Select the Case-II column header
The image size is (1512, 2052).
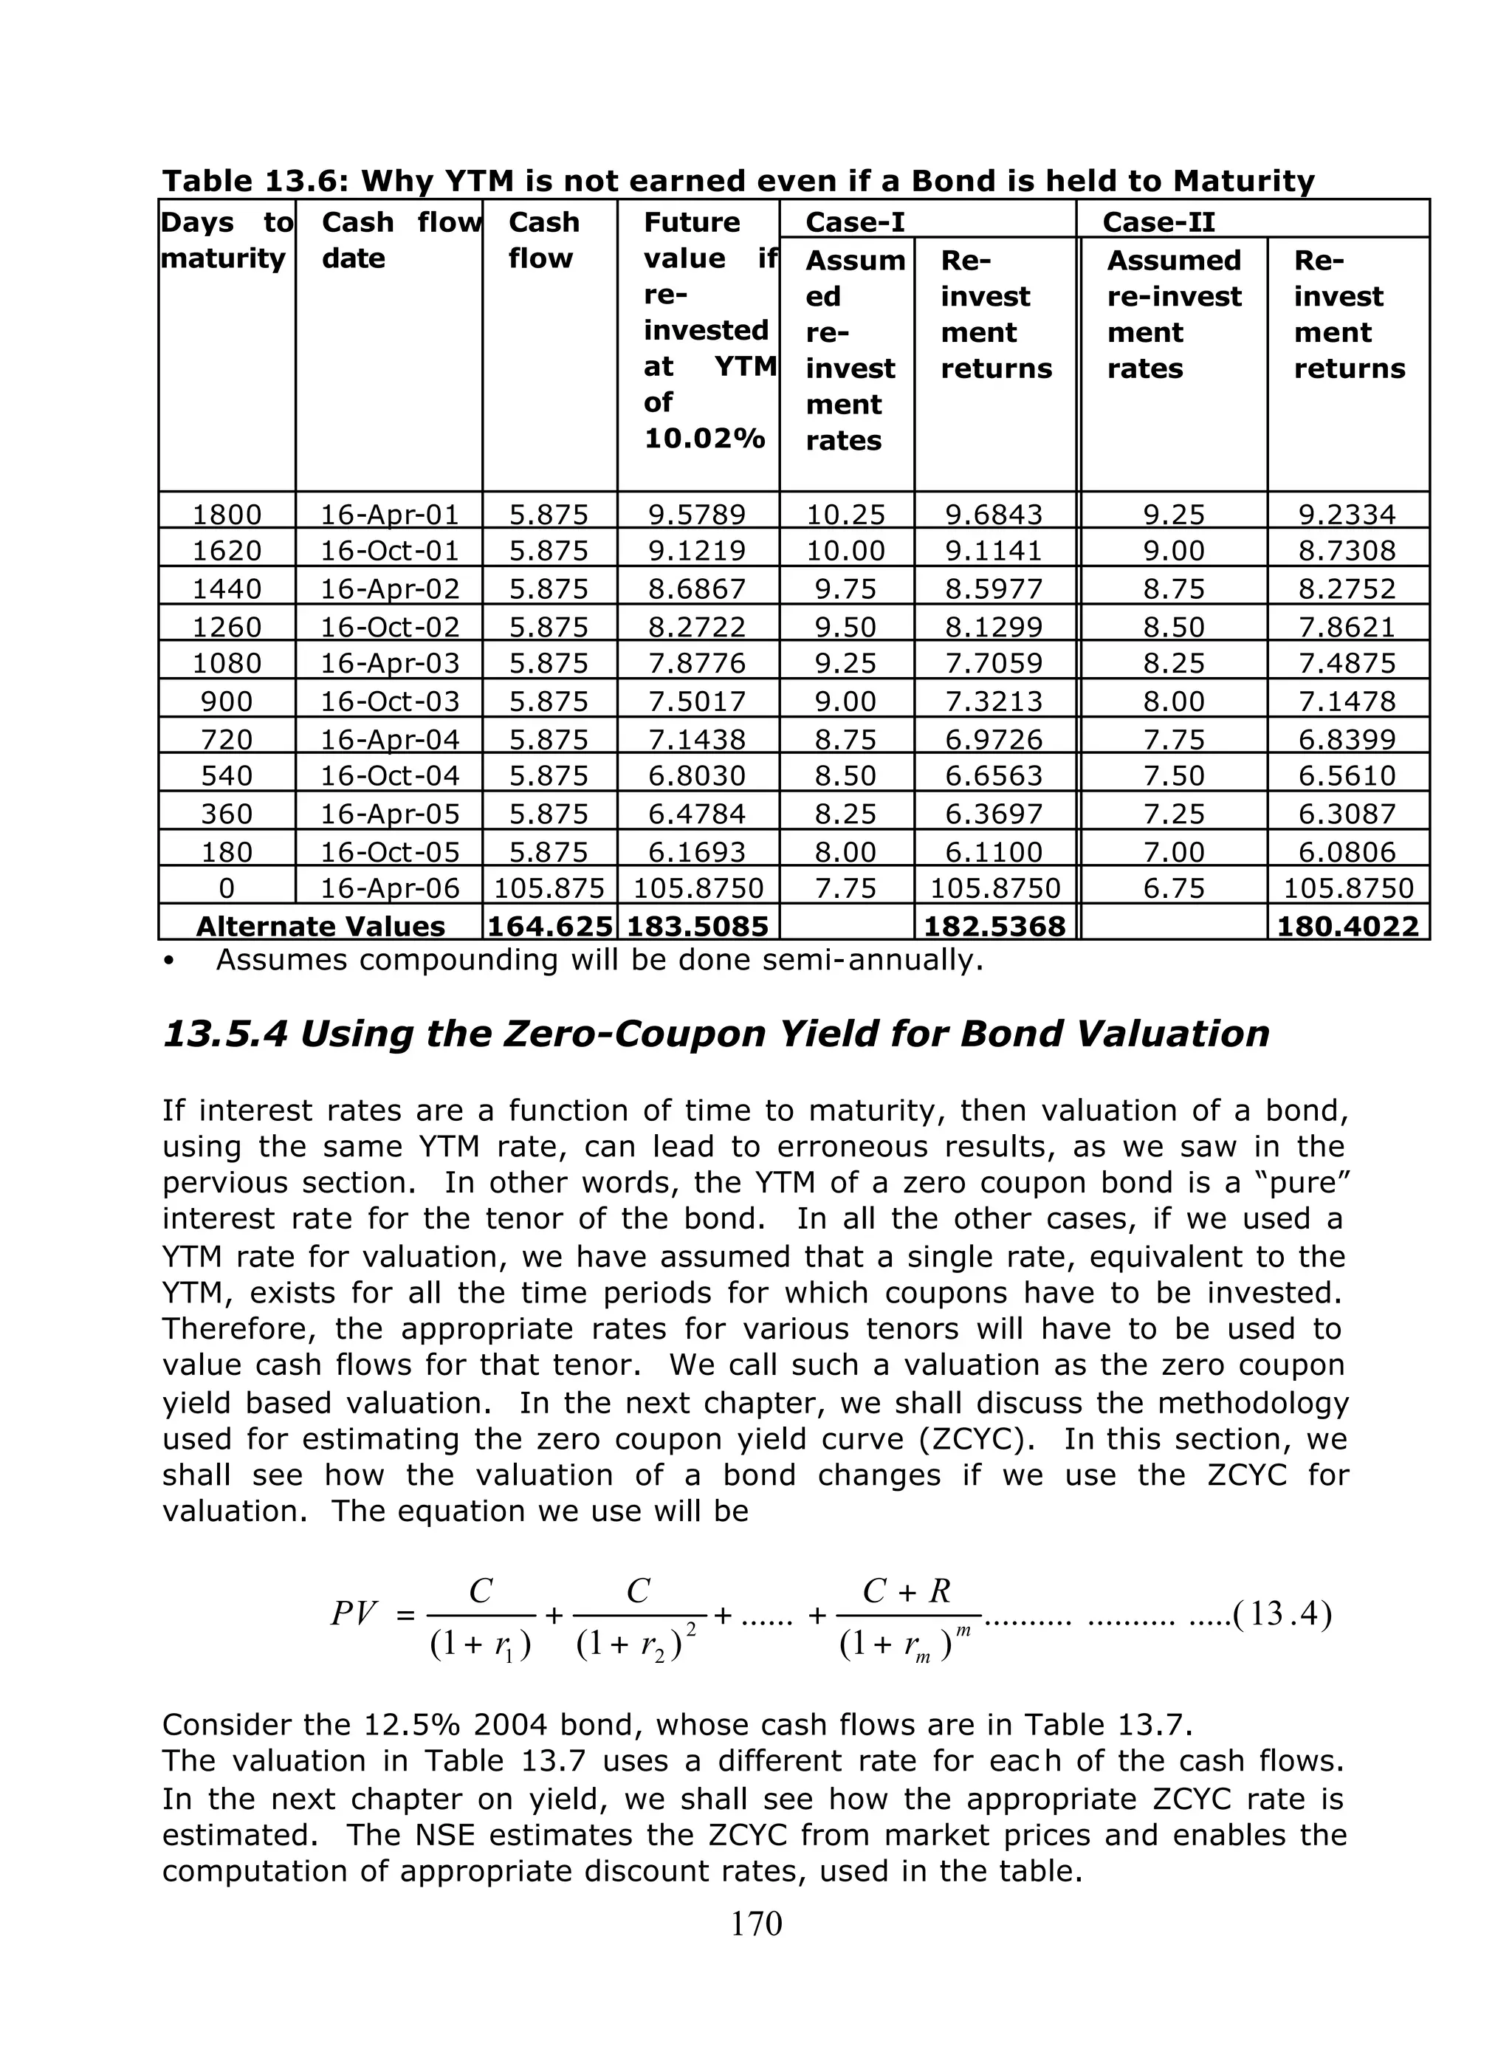[x=1158, y=222]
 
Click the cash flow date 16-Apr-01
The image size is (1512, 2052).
[x=389, y=515]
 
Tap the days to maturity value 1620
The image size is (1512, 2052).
[x=226, y=551]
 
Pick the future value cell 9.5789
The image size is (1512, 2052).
[x=698, y=515]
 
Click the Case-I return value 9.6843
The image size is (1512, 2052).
[x=994, y=515]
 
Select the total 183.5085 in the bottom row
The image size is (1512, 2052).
[x=698, y=926]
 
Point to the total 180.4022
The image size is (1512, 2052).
[x=1347, y=926]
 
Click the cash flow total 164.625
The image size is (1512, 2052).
[x=549, y=926]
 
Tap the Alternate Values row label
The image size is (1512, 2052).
[x=320, y=926]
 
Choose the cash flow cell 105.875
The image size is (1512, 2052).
[x=549, y=888]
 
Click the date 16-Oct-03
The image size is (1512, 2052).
[x=389, y=701]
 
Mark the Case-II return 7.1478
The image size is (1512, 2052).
[x=1347, y=701]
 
